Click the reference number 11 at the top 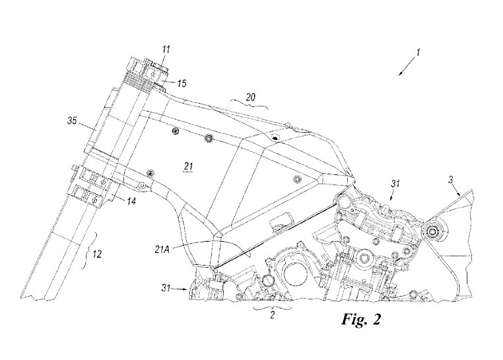(166, 49)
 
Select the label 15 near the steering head (182, 83)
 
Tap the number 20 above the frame (251, 97)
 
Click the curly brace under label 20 (249, 104)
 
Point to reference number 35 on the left (72, 121)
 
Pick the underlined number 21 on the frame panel (187, 166)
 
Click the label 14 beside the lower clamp (131, 201)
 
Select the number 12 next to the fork (98, 254)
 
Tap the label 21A (161, 249)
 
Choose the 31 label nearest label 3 (395, 184)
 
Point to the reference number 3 (451, 180)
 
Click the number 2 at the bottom (273, 315)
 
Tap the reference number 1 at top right (418, 52)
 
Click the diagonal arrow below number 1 (407, 67)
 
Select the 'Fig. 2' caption (361, 320)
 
